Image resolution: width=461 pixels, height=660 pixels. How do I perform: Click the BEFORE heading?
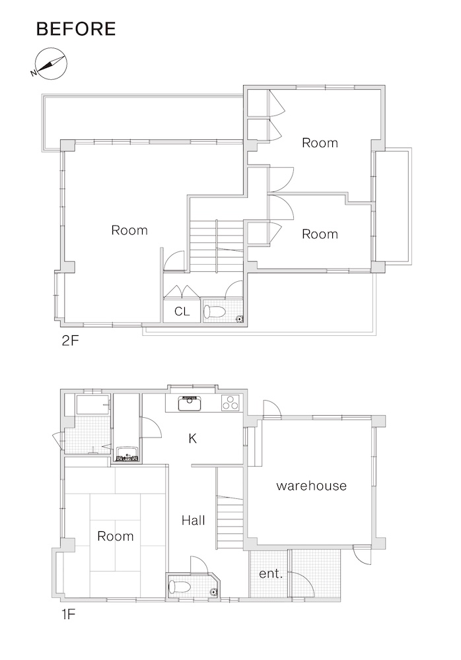pos(76,28)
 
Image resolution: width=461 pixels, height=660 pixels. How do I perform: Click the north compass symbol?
pos(50,63)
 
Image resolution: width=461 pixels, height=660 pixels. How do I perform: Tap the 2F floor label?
pos(70,340)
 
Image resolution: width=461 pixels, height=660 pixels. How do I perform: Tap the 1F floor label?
pos(68,615)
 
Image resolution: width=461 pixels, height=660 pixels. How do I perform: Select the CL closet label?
pos(182,311)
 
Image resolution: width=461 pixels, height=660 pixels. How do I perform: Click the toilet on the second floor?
pos(215,312)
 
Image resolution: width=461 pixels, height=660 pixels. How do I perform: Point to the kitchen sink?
pos(190,404)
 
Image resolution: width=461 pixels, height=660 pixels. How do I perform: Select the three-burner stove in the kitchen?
pos(230,403)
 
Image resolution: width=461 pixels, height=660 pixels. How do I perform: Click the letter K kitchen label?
pos(193,439)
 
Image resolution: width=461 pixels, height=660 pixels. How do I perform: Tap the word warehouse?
pos(312,486)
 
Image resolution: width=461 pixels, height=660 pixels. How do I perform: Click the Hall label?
pos(194,521)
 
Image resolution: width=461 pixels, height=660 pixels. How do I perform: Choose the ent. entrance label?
pos(271,574)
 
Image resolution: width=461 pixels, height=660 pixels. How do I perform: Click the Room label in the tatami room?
pos(116,536)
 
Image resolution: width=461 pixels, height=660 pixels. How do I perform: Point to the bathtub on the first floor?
pos(93,405)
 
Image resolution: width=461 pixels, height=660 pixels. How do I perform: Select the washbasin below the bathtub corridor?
pos(127,454)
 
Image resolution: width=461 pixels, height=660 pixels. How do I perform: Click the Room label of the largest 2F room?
pos(129,230)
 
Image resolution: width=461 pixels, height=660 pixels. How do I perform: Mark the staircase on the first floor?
pos(230,521)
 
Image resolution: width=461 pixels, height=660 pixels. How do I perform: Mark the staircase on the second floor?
pos(217,246)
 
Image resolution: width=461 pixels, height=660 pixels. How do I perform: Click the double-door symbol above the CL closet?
pos(181,291)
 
